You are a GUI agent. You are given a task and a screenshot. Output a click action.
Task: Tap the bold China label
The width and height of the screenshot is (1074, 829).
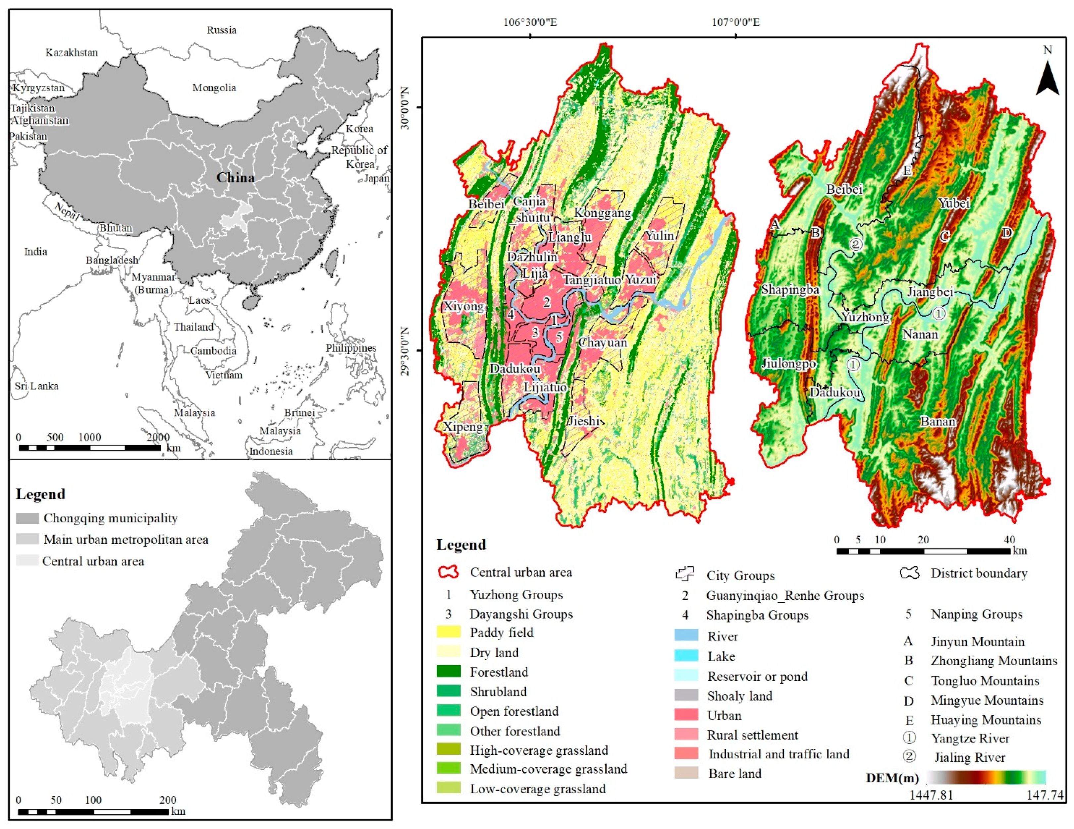[x=236, y=178]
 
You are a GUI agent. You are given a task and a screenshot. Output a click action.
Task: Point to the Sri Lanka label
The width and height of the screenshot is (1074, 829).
[x=36, y=386]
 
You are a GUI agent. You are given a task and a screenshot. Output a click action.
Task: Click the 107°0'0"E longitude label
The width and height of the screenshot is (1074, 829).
[x=736, y=22]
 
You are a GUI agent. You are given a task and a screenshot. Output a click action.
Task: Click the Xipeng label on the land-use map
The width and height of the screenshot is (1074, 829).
[x=463, y=427]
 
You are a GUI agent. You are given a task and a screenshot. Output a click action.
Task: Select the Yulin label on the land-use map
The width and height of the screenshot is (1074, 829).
[x=660, y=236]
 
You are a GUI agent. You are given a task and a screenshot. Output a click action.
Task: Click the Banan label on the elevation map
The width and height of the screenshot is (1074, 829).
[x=938, y=422]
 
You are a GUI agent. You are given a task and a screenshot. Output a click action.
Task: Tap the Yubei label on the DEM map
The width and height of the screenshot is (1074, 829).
[x=953, y=203]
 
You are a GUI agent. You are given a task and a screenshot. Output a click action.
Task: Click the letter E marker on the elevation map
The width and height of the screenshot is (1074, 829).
[x=908, y=171]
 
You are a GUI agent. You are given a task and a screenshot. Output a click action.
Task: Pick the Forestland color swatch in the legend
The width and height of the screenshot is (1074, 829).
[x=449, y=672]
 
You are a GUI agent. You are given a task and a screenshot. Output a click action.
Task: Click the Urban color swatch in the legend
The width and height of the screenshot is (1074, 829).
[x=686, y=715]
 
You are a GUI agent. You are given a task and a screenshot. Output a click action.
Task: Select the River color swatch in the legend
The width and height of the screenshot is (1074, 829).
[x=686, y=636]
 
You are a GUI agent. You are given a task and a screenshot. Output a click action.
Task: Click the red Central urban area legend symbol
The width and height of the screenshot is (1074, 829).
[x=449, y=572]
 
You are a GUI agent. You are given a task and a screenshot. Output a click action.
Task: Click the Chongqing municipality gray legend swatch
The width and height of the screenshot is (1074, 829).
[x=27, y=518]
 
